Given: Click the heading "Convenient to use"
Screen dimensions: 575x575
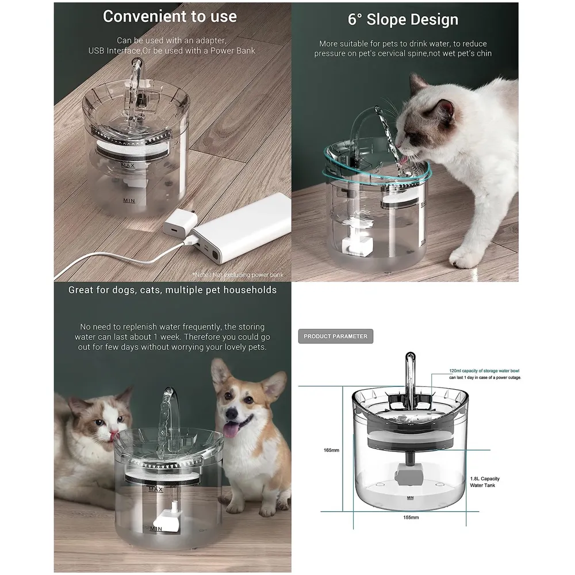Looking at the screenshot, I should [170, 17].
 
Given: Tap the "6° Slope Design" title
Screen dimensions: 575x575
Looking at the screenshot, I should [403, 19].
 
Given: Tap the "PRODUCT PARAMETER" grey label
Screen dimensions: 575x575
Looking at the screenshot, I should [335, 336].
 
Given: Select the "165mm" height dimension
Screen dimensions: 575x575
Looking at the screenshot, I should [331, 450].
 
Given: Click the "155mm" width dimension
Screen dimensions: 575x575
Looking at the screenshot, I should [410, 517].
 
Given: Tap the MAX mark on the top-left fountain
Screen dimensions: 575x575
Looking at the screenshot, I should [128, 165].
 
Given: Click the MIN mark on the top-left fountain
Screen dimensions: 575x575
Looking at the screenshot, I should [129, 201].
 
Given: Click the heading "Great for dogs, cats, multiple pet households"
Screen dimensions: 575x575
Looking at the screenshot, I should [172, 290].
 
